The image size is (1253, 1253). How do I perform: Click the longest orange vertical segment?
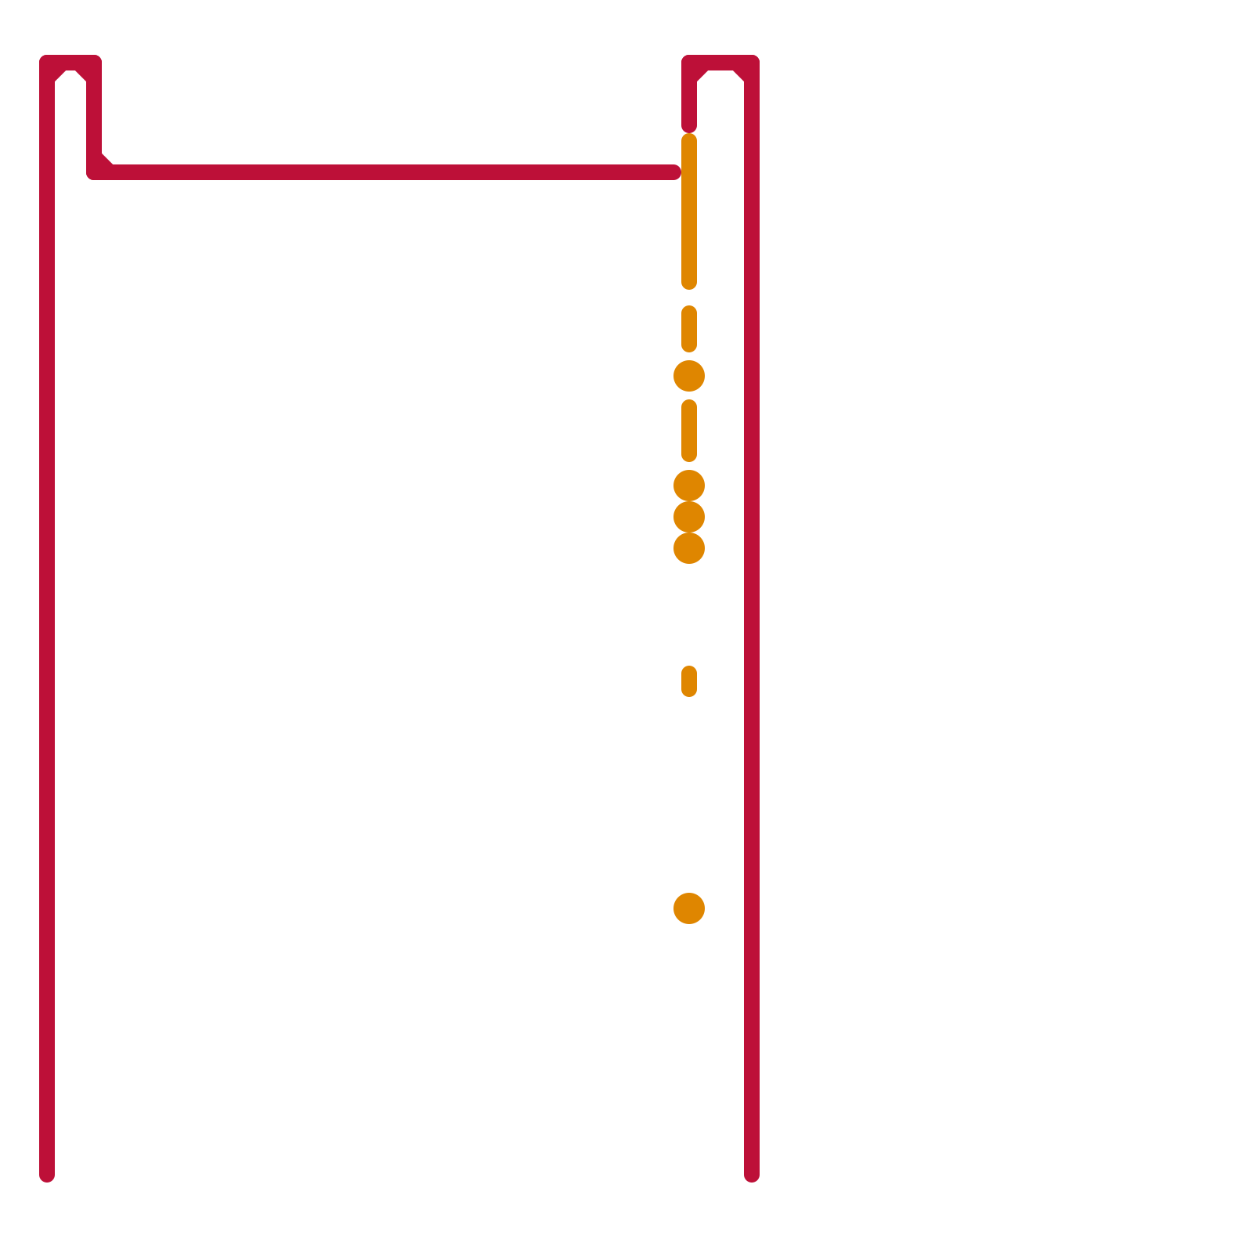(689, 211)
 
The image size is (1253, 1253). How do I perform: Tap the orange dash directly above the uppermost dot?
(689, 329)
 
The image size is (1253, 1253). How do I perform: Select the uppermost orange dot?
(689, 376)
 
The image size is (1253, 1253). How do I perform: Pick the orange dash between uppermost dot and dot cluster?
(689, 431)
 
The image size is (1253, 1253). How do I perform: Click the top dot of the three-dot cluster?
(689, 486)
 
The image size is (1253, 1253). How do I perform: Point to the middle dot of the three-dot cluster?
(689, 517)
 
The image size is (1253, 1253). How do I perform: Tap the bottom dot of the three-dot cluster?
(689, 548)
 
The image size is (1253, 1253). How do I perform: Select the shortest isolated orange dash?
(689, 681)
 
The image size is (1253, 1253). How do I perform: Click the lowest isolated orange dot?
(689, 908)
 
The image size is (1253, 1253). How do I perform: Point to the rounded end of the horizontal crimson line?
(674, 172)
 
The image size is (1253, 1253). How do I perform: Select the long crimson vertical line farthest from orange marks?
(47, 626)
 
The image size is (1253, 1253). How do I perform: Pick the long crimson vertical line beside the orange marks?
(752, 626)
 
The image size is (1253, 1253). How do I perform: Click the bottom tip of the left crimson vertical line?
(47, 1175)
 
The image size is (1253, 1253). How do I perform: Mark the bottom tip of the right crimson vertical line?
(752, 1175)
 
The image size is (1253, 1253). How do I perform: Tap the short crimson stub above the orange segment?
(689, 102)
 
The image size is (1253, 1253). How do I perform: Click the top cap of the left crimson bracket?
(70, 63)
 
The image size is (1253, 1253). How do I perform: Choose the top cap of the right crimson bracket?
(720, 63)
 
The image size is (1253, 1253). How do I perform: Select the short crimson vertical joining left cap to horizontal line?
(94, 117)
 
